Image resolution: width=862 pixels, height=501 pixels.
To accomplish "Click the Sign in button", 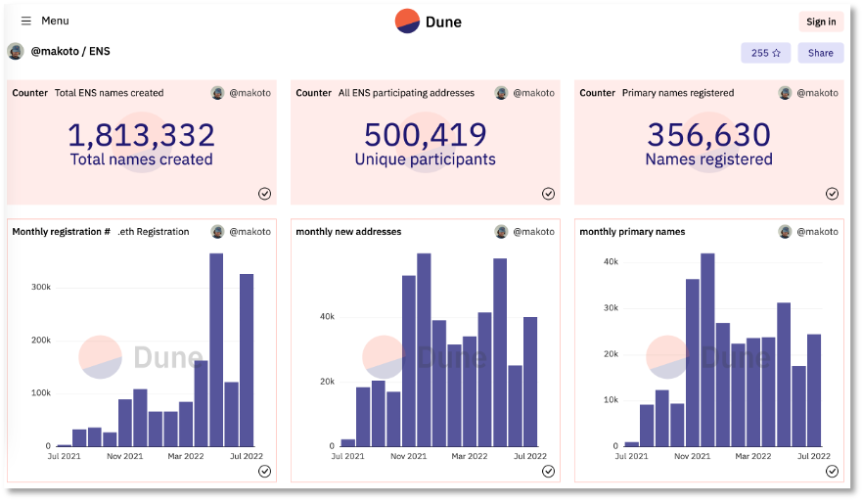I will pos(820,22).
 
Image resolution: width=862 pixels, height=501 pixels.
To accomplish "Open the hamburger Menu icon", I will pos(26,21).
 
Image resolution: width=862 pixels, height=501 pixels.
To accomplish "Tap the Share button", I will pos(820,53).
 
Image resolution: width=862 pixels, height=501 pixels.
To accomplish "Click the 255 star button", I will pos(765,53).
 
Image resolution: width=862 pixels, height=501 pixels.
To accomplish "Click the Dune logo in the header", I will pos(428,22).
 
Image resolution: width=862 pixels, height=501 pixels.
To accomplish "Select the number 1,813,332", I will pos(141,135).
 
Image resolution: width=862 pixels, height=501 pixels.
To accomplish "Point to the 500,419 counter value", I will pos(425,135).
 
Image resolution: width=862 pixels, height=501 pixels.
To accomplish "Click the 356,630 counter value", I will pos(708,135).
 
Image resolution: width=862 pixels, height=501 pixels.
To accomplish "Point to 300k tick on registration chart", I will pos(41,288).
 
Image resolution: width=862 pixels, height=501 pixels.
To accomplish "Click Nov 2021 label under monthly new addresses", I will pos(410,456).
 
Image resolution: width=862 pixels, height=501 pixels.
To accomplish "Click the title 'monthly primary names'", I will pos(632,232).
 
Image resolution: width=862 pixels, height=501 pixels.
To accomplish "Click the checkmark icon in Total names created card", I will pos(264,194).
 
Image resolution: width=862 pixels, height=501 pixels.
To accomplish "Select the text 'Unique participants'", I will pos(425,159).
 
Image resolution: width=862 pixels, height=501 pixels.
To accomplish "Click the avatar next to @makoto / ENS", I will pos(16,51).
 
